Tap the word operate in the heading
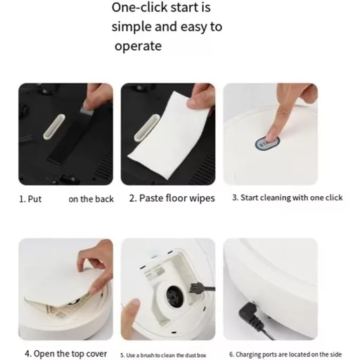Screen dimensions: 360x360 pos(138,46)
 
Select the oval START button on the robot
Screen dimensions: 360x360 pos(267,143)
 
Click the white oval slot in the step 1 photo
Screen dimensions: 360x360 pos(54,127)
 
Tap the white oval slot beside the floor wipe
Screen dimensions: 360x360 pos(146,128)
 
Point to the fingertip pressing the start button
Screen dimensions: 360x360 pos(272,136)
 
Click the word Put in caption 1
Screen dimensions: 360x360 pos(34,199)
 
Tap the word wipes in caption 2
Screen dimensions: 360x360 pos(202,198)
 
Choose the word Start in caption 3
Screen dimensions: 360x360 pos(250,198)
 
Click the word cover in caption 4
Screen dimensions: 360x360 pos(96,354)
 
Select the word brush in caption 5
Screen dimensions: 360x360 pos(148,356)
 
